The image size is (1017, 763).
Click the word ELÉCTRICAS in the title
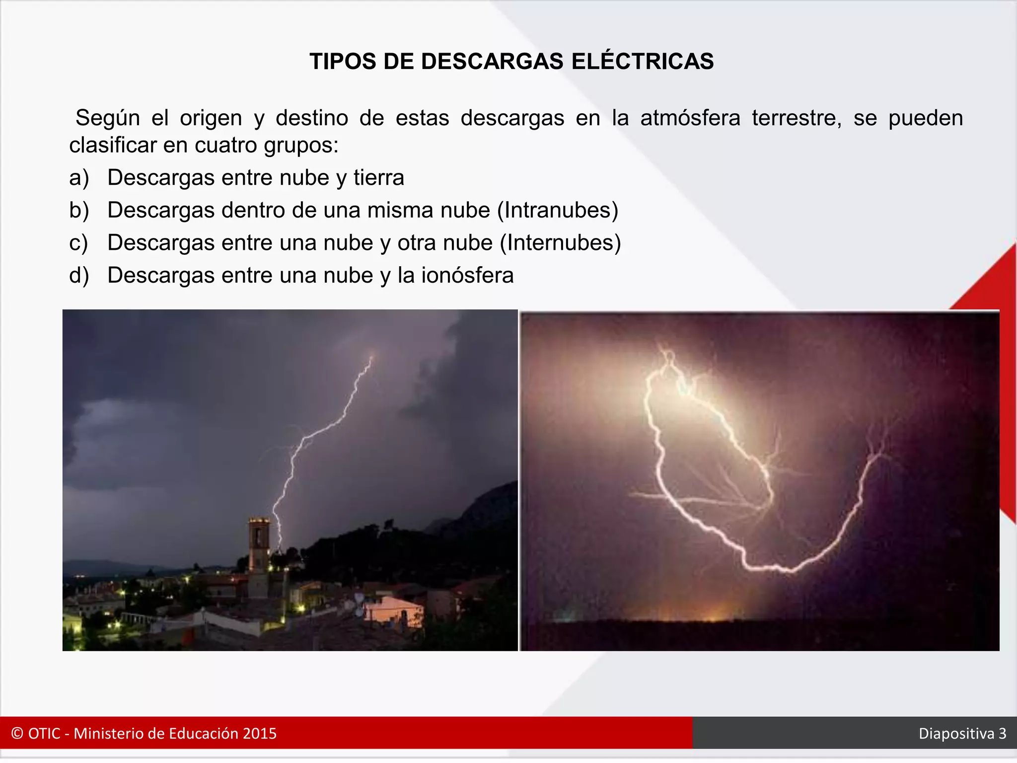pos(643,62)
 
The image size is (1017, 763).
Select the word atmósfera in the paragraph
pos(690,118)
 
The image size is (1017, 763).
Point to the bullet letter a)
pos(79,178)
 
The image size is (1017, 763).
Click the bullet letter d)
pos(79,276)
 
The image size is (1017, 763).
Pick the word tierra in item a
pos(379,178)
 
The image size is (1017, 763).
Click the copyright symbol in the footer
pos(17,734)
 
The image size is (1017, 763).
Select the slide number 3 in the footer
pos(1002,734)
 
